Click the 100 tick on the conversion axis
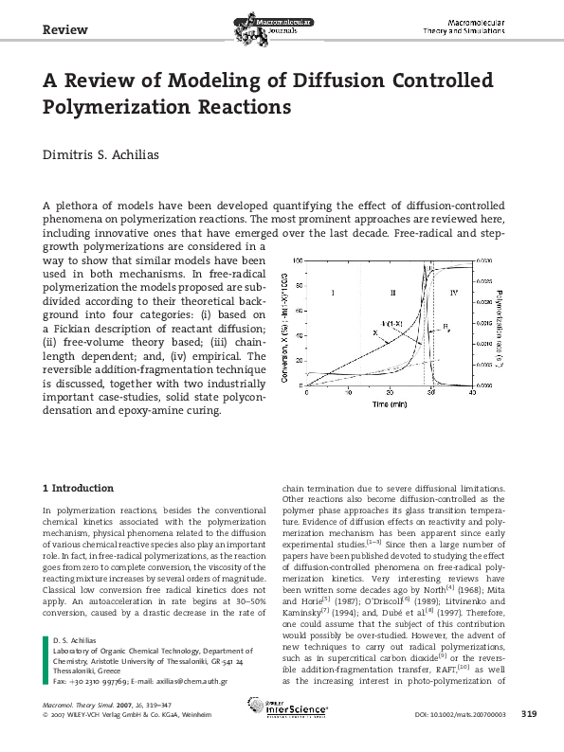(299, 260)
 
